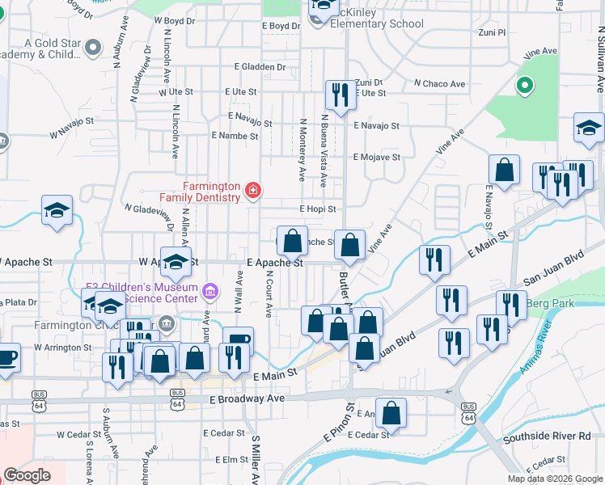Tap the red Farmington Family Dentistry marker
point(253,191)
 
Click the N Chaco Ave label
point(440,83)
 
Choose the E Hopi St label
point(317,209)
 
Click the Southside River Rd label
point(547,436)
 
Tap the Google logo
point(27,474)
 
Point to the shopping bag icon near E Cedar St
point(391,412)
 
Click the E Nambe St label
point(235,136)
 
